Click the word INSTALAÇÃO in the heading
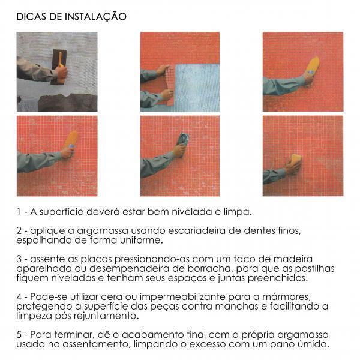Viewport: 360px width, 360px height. (x=95, y=17)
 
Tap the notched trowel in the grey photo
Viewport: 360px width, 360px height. (x=59, y=67)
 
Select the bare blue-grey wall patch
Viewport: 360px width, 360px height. (x=197, y=87)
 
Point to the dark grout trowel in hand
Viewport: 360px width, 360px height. (x=183, y=143)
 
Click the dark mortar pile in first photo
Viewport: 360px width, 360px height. (x=67, y=103)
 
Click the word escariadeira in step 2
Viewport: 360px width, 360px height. (x=197, y=230)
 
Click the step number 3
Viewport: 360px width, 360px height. (x=19, y=259)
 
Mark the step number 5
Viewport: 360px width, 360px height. (x=19, y=335)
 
